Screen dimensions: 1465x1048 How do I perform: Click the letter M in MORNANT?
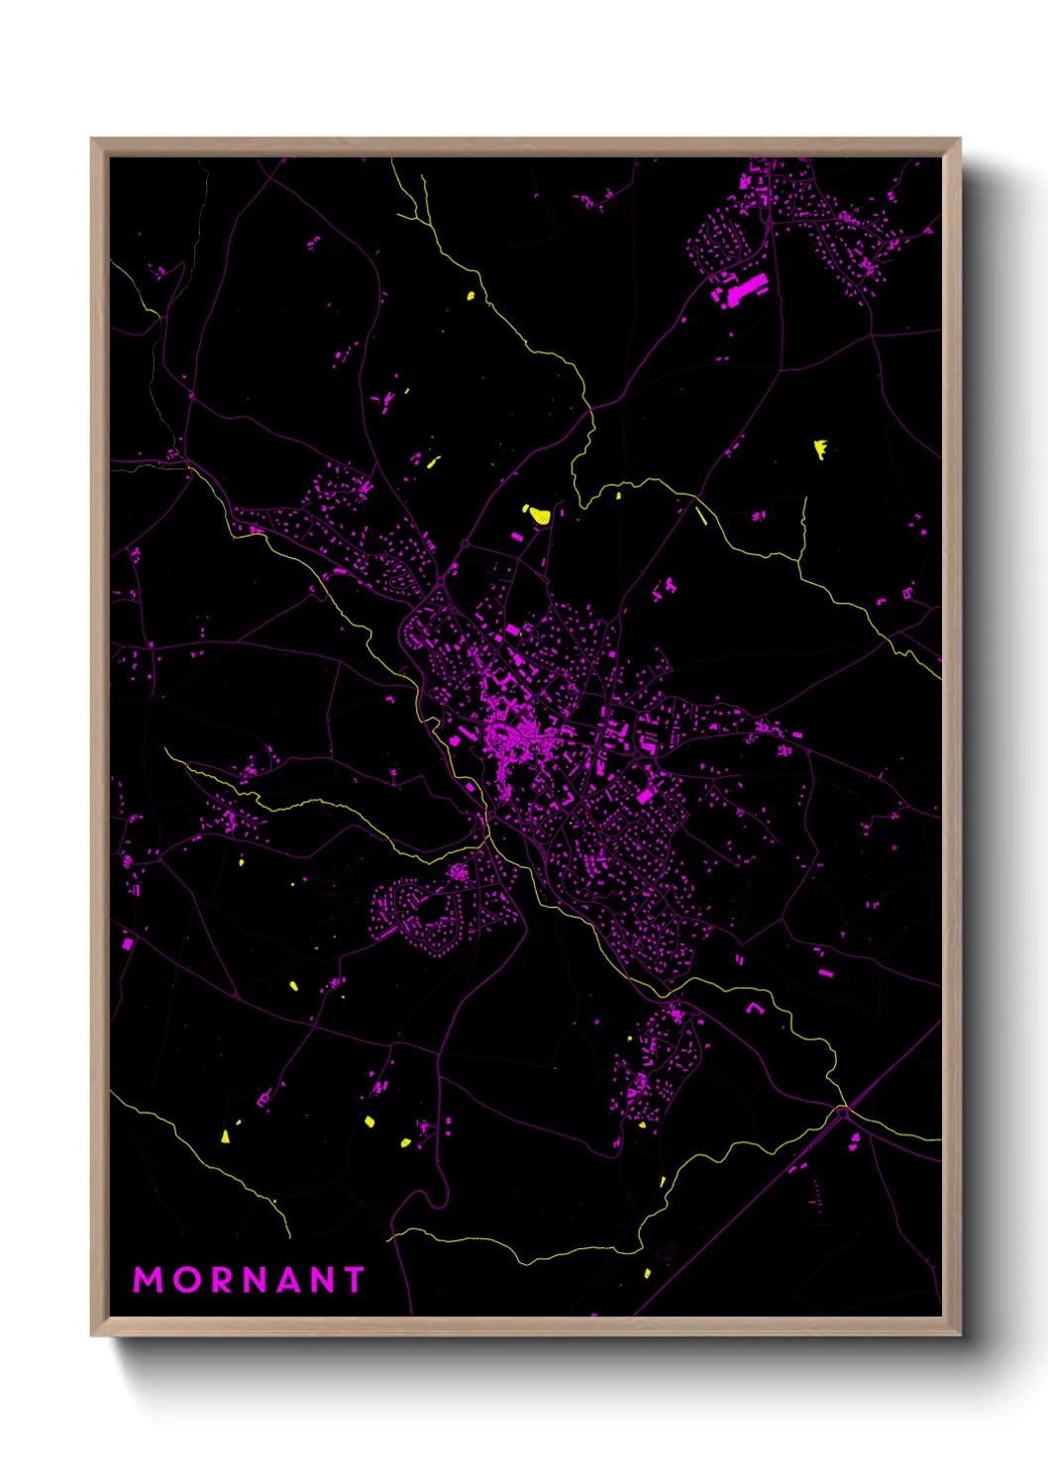(148, 1280)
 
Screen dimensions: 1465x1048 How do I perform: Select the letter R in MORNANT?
(217, 1280)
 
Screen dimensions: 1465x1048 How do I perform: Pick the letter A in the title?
(285, 1280)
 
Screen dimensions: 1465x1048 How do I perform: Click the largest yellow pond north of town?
(538, 514)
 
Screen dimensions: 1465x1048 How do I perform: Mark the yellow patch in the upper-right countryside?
(820, 449)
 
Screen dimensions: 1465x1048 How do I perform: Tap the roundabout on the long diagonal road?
(843, 1112)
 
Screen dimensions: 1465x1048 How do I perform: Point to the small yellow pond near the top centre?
(471, 294)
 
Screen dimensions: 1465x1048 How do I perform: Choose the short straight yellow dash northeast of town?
(701, 515)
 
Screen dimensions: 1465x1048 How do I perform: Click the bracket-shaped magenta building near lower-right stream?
(754, 1009)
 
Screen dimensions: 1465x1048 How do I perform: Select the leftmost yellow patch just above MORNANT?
(226, 1136)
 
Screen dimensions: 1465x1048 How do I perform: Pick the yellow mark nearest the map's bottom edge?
(647, 1273)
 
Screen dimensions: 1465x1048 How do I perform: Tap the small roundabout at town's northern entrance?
(465, 543)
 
